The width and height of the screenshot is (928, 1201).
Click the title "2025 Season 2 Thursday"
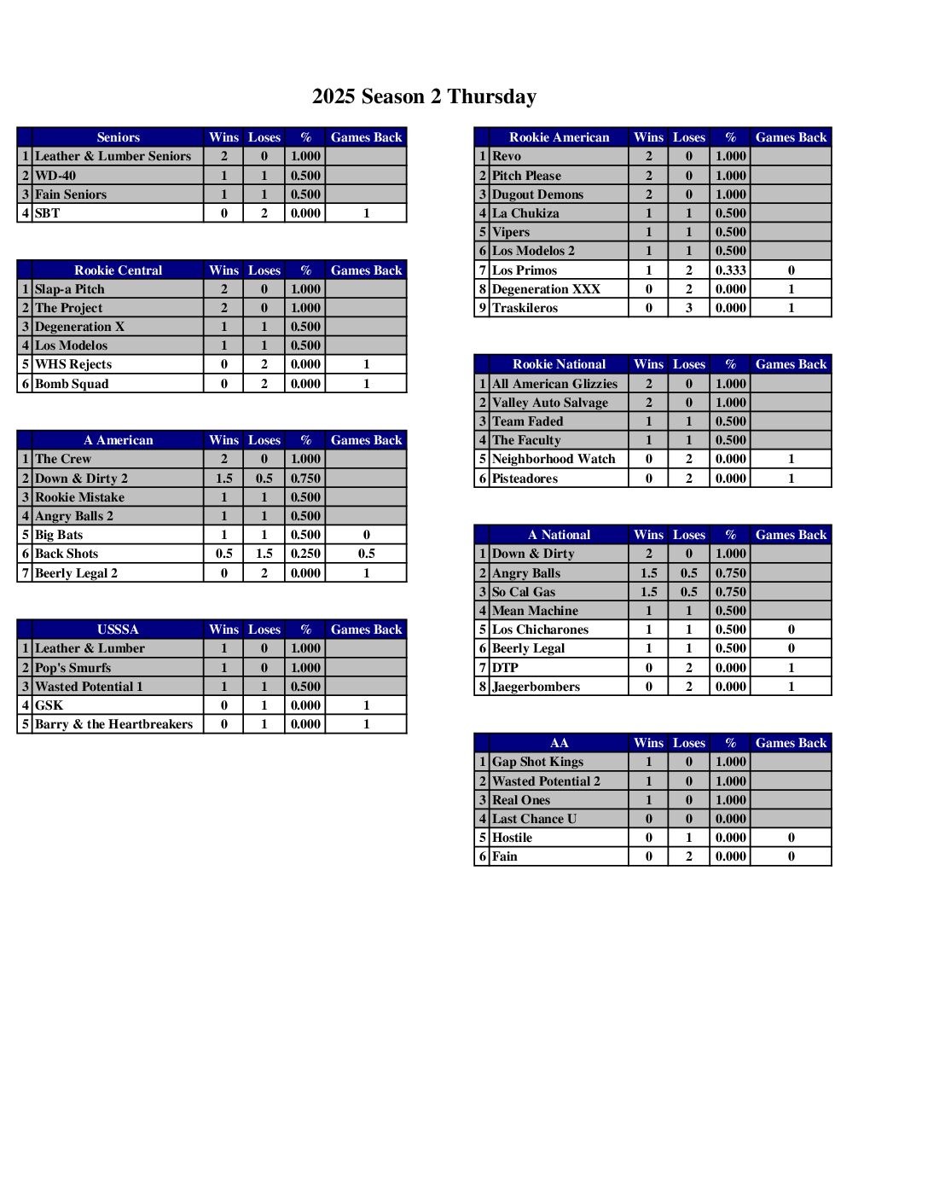[424, 96]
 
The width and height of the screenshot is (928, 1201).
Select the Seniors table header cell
[118, 137]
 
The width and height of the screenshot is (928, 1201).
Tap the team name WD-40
[55, 176]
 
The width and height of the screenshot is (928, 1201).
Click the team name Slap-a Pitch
[69, 289]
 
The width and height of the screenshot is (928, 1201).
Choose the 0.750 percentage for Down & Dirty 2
[305, 479]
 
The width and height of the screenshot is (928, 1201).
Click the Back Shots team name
[67, 554]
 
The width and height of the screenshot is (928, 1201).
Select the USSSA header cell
[118, 630]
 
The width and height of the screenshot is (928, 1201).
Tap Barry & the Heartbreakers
[113, 724]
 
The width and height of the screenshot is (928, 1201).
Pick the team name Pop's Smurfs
[72, 668]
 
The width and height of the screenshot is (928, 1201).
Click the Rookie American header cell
[559, 137]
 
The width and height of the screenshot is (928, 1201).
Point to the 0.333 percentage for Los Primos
[730, 270]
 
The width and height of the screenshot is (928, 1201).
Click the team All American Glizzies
[554, 384]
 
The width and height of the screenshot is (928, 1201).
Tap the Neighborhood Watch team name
[554, 459]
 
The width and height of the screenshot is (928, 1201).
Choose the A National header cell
[559, 535]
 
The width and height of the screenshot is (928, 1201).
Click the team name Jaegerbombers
[536, 687]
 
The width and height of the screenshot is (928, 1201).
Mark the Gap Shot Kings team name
[537, 762]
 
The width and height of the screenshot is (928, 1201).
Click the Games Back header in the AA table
[791, 743]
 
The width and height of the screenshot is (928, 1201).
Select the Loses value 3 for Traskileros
[688, 308]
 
